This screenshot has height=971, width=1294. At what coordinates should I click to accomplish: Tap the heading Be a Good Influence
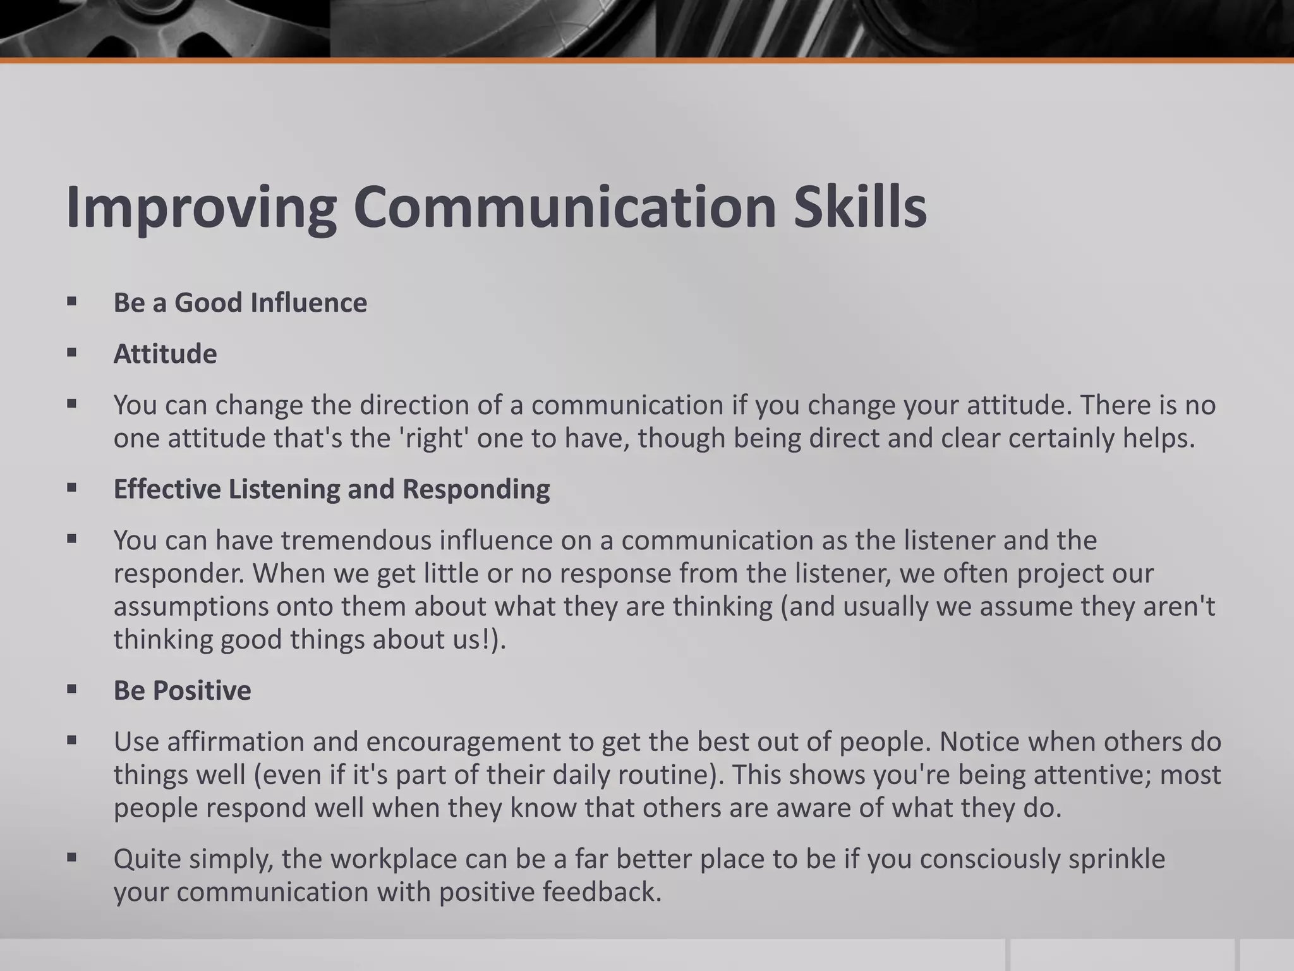tap(240, 303)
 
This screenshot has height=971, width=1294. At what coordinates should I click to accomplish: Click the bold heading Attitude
tap(165, 354)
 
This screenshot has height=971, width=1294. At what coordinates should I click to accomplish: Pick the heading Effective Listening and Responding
tap(332, 489)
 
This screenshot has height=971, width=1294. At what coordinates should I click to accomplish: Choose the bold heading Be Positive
tap(182, 690)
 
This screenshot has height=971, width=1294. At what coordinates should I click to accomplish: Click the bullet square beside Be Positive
tap(71, 690)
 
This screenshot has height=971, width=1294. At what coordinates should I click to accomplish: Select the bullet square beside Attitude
tap(71, 353)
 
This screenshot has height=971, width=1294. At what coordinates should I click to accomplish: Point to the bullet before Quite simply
tap(71, 858)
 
